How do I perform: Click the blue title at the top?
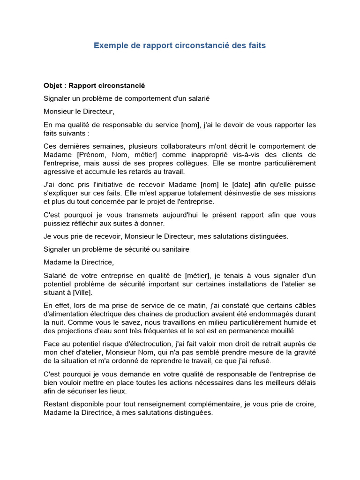point(180,45)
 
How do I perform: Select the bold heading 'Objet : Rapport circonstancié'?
point(94,86)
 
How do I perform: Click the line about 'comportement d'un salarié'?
point(127,98)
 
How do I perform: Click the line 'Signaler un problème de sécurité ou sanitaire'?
point(116,249)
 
